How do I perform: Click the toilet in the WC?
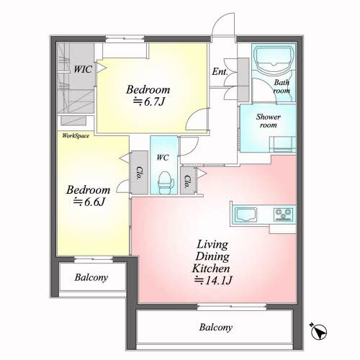pos(166,183)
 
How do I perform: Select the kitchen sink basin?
pos(246,215)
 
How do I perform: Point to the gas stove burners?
pos(284,214)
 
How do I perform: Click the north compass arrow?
pos(318,331)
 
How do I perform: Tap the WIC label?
pos(83,69)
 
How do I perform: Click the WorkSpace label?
pos(76,136)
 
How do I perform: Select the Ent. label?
pos(220,71)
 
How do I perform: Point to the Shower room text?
pos(269,121)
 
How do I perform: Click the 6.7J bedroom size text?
pos(149,102)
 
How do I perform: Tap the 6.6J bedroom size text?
pos(89,202)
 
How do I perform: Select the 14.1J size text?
pos(213,280)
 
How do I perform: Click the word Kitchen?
pos(211,268)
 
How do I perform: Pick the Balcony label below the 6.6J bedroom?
pos(91,277)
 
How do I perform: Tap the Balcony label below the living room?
pos(216,328)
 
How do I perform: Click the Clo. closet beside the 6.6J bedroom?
pos(139,173)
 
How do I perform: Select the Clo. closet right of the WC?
pos(188,181)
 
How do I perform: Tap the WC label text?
pos(163,158)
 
